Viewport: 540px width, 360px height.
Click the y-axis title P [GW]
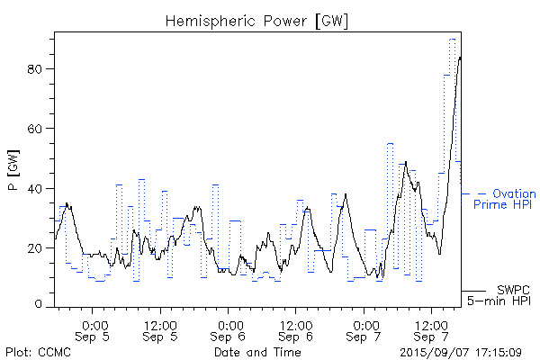pyautogui.click(x=13, y=172)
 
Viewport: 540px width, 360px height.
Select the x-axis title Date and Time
pyautogui.click(x=256, y=352)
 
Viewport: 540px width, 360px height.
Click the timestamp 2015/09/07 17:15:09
pyautogui.click(x=460, y=352)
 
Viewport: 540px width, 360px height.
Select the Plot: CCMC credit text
pyautogui.click(x=35, y=352)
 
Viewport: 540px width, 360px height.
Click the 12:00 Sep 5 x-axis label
pyautogui.click(x=160, y=329)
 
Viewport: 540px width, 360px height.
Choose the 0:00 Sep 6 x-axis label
pyautogui.click(x=229, y=329)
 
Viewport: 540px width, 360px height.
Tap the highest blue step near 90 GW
pyautogui.click(x=453, y=39)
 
